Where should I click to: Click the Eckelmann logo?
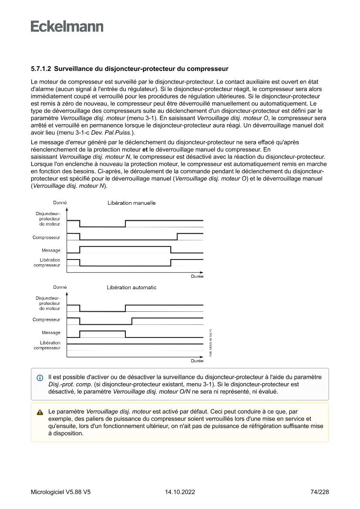click(x=67, y=27)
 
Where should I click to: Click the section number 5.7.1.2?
click(x=41, y=69)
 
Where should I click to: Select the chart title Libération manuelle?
click(x=131, y=203)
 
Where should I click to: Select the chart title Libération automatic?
click(x=131, y=287)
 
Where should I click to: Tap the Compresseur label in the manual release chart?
click(x=46, y=238)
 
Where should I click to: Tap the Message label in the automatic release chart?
click(x=51, y=333)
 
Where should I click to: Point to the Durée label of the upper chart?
click(x=197, y=276)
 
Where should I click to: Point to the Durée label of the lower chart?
click(x=197, y=361)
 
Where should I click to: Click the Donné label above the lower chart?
click(x=60, y=287)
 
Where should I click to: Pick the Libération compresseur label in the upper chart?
click(x=47, y=263)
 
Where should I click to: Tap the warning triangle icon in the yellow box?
click(x=40, y=411)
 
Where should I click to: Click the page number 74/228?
click(x=320, y=492)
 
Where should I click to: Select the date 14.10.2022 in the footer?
click(x=180, y=492)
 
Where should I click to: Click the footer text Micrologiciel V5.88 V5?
click(x=61, y=492)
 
